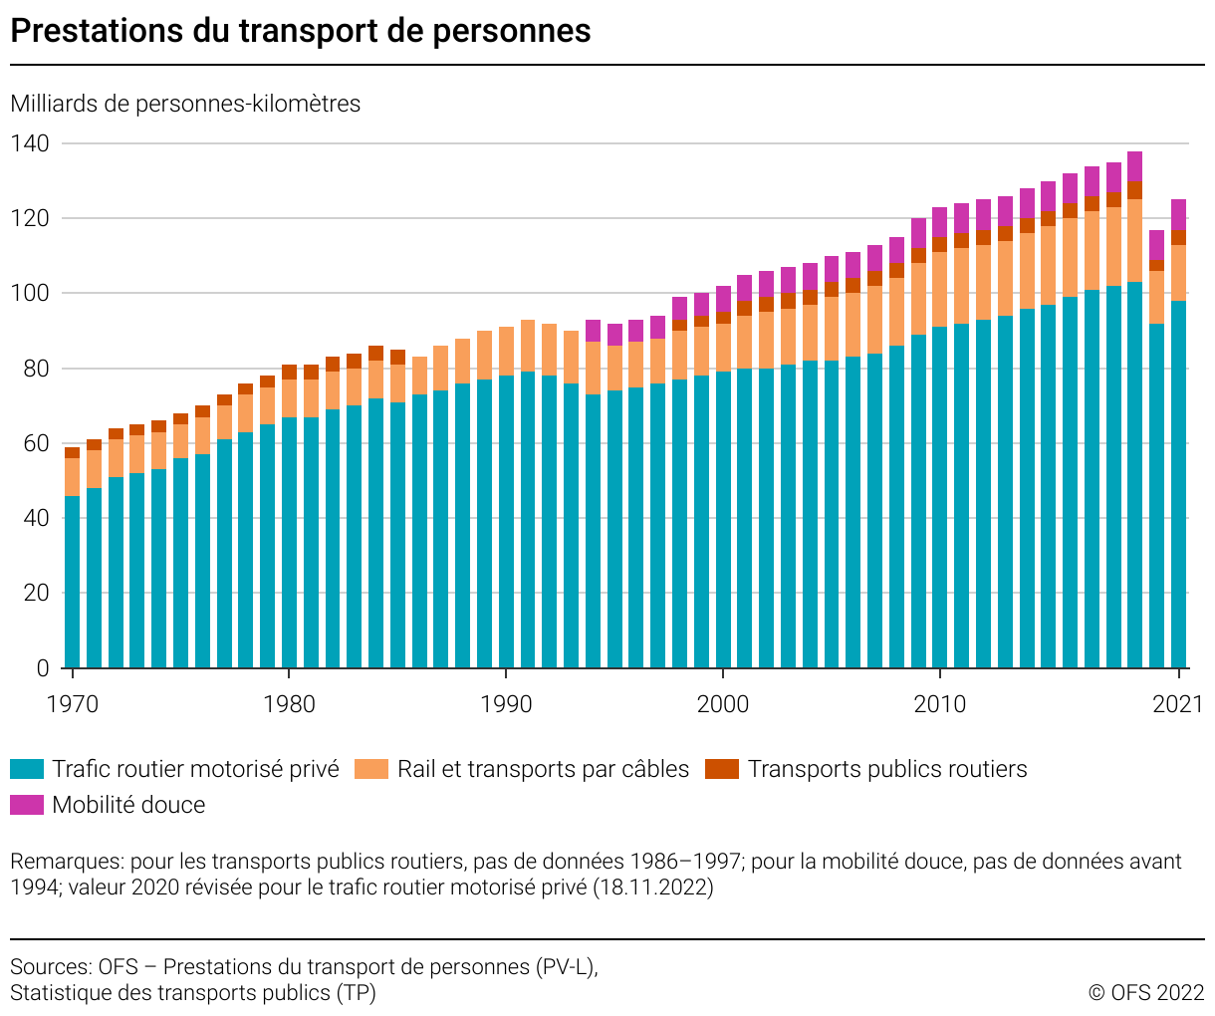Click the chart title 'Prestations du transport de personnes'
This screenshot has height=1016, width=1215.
pyautogui.click(x=301, y=31)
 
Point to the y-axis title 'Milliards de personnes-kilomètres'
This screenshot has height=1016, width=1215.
pyautogui.click(x=185, y=104)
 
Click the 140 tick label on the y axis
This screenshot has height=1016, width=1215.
pyautogui.click(x=29, y=143)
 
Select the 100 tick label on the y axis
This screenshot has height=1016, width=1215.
pyautogui.click(x=29, y=294)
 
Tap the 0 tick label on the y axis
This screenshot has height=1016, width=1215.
pyautogui.click(x=42, y=668)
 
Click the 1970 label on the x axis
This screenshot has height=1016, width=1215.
pyautogui.click(x=73, y=704)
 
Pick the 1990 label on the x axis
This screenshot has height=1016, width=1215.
pyautogui.click(x=507, y=704)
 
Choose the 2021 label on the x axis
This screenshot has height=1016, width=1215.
pyautogui.click(x=1178, y=704)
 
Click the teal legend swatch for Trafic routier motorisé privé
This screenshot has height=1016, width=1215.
pyautogui.click(x=27, y=769)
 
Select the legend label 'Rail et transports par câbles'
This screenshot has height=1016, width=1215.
pyautogui.click(x=543, y=769)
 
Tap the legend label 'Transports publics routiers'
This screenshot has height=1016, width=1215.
pyautogui.click(x=887, y=769)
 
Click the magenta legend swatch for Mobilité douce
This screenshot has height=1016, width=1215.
pyautogui.click(x=27, y=805)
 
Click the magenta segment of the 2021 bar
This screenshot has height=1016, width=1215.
pyautogui.click(x=1178, y=215)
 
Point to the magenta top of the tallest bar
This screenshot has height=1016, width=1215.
pyautogui.click(x=1134, y=165)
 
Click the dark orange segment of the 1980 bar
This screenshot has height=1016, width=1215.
pyautogui.click(x=289, y=373)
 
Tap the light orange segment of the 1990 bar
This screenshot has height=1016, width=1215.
pyautogui.click(x=507, y=352)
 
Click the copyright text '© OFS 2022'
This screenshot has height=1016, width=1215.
pyautogui.click(x=1146, y=992)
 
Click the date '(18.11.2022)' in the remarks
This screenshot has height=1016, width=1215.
pyautogui.click(x=653, y=887)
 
